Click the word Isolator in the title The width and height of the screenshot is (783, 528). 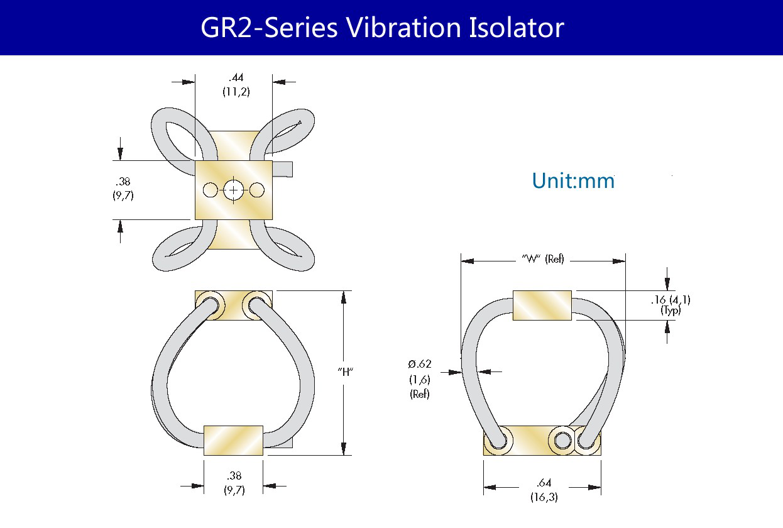pyautogui.click(x=517, y=28)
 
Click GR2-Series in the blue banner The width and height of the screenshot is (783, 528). pyautogui.click(x=269, y=28)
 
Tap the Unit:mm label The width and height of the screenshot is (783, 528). pyautogui.click(x=573, y=181)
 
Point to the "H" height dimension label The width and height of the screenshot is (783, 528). pyautogui.click(x=346, y=372)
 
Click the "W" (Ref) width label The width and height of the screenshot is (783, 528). pyautogui.click(x=543, y=259)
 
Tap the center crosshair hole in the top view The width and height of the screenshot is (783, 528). pyautogui.click(x=234, y=190)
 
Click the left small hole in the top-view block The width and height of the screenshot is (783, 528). pyautogui.click(x=211, y=190)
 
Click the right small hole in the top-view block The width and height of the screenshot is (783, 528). pyautogui.click(x=257, y=190)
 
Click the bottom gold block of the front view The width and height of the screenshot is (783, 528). pyautogui.click(x=233, y=441)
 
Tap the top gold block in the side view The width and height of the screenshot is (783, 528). pyautogui.click(x=542, y=305)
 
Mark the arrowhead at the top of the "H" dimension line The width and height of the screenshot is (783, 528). pyautogui.click(x=344, y=297)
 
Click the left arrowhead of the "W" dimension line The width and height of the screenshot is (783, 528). pyautogui.click(x=468, y=261)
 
